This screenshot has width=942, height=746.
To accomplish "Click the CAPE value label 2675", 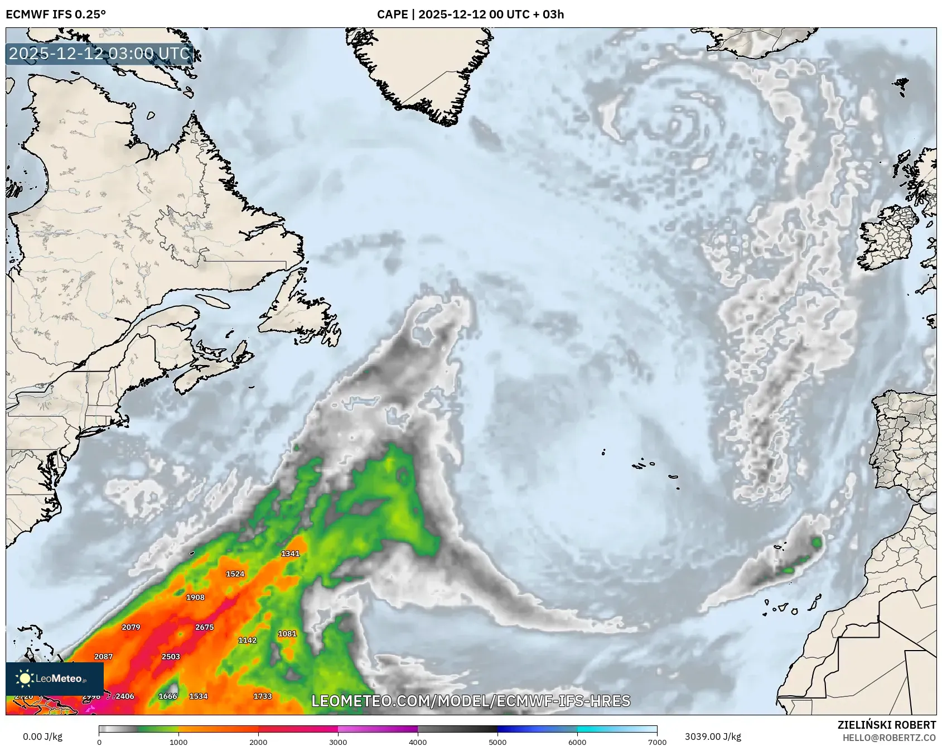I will [x=204, y=627].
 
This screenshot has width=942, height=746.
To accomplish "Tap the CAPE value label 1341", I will [x=290, y=554].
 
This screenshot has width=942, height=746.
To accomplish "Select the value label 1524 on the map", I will [x=235, y=574].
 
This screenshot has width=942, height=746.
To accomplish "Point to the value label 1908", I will [x=195, y=597].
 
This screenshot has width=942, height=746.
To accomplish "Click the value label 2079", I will [x=131, y=627].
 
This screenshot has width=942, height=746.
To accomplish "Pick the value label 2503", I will [x=171, y=656].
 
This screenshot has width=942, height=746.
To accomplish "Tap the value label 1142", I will [x=247, y=640].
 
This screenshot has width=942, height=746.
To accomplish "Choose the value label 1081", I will [x=287, y=634].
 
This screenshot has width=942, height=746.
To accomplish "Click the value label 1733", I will [x=262, y=696].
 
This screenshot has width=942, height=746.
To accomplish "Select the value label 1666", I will [x=167, y=696].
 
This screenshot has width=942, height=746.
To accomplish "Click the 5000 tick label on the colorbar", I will [x=497, y=742].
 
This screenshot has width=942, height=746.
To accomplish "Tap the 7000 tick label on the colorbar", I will [x=657, y=742].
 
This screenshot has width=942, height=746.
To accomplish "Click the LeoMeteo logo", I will [x=54, y=678].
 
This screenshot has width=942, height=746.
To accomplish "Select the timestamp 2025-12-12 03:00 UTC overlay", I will [x=100, y=54].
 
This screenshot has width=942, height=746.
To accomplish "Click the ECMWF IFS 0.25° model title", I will [x=56, y=15].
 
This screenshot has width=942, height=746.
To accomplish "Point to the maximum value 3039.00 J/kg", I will [x=713, y=737].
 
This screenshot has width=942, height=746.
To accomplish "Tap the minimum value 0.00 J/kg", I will [x=42, y=737].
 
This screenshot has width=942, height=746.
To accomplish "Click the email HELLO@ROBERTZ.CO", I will [x=889, y=738].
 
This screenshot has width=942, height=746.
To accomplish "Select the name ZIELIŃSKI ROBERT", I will [x=887, y=725].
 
